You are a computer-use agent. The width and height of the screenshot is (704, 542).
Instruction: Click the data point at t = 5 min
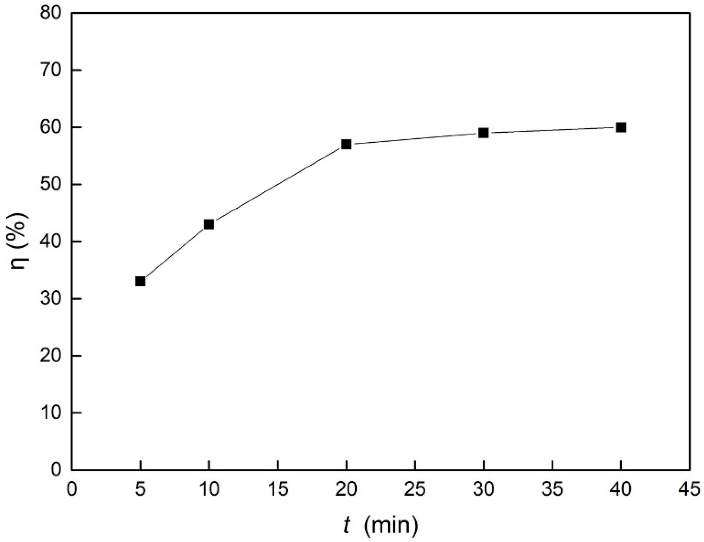(x=140, y=281)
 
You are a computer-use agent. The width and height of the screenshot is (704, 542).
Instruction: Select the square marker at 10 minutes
(x=209, y=224)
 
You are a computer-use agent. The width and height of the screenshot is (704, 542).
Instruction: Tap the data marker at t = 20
(x=346, y=144)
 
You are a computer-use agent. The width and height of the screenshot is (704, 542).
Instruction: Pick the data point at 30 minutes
(x=483, y=133)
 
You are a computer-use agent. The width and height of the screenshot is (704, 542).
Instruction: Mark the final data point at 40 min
(x=621, y=127)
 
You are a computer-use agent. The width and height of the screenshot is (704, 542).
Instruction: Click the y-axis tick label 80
(x=50, y=13)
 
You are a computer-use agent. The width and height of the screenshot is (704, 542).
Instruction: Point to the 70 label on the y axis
(x=50, y=70)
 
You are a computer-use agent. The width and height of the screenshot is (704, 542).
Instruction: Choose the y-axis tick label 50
(x=50, y=184)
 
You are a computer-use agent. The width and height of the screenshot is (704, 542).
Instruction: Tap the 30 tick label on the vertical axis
(x=50, y=299)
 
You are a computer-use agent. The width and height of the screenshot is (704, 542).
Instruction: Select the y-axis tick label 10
(x=50, y=413)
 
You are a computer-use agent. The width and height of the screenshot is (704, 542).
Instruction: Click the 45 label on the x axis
(x=690, y=490)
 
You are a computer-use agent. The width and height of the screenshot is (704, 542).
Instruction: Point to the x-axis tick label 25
(x=415, y=490)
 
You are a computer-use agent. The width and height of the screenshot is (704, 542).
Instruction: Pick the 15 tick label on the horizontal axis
(x=278, y=490)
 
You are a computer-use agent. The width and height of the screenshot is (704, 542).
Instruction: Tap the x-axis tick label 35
(x=552, y=490)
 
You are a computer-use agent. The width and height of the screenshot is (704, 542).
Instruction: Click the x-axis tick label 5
(x=141, y=490)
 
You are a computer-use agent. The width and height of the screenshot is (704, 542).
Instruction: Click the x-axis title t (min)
(x=381, y=525)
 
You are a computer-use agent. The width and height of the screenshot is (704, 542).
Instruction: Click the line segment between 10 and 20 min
(x=277, y=184)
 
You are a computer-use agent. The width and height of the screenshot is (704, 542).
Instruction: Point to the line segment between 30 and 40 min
(x=552, y=130)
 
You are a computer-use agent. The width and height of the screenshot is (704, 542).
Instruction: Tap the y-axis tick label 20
(x=50, y=356)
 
